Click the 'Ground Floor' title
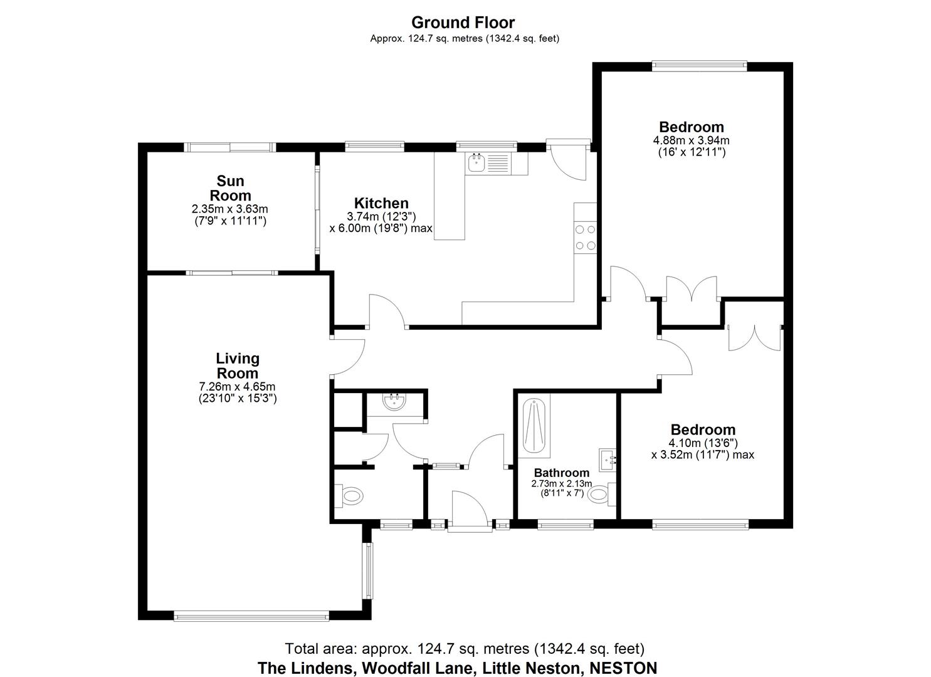463,23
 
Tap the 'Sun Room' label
230,188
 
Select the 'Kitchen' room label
381,203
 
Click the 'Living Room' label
238,366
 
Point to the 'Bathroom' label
561,473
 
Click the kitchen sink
476,164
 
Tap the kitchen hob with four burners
585,238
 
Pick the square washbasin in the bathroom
608,459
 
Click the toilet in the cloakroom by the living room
349,496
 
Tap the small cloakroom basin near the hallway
395,402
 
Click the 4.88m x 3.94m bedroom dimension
691,140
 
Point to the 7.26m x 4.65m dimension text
238,386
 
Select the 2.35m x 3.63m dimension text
230,209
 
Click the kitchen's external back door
567,160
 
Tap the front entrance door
469,509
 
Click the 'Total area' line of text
464,648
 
